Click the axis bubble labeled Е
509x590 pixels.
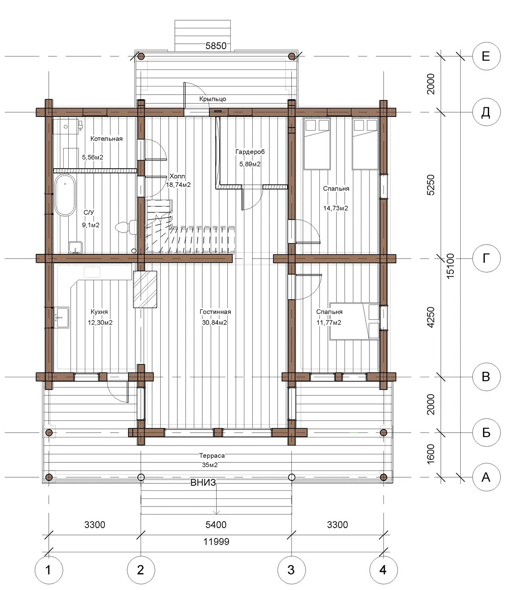click(x=486, y=56)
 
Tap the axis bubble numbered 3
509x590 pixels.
click(x=291, y=570)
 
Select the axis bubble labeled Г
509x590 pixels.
click(x=486, y=258)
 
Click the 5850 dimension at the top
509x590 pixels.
click(x=216, y=46)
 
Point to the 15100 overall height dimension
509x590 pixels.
click(x=450, y=266)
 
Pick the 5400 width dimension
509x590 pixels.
click(x=216, y=525)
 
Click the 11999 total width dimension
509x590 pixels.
click(x=216, y=542)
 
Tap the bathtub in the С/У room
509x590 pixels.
click(x=65, y=195)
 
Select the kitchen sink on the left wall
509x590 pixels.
click(x=62, y=317)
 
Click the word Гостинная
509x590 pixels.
click(x=215, y=312)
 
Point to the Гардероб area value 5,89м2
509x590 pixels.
click(x=250, y=164)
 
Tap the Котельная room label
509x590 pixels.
click(x=106, y=139)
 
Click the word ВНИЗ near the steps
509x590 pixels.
click(x=203, y=483)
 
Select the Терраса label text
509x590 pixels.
click(x=212, y=456)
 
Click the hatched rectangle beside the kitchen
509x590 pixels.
click(x=145, y=289)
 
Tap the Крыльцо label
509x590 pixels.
click(x=213, y=99)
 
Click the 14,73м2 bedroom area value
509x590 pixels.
click(x=336, y=208)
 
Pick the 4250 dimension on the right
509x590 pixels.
click(x=431, y=317)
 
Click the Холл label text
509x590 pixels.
click(x=177, y=176)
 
